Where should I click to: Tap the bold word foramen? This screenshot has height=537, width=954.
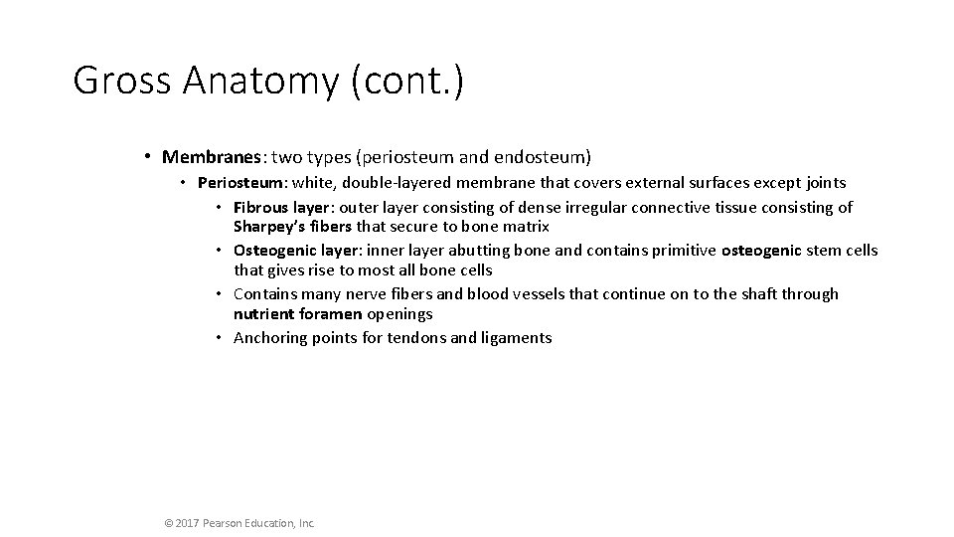pos(330,313)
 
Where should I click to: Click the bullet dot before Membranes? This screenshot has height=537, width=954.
pos(146,157)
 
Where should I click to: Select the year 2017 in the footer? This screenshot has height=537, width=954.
pos(189,522)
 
